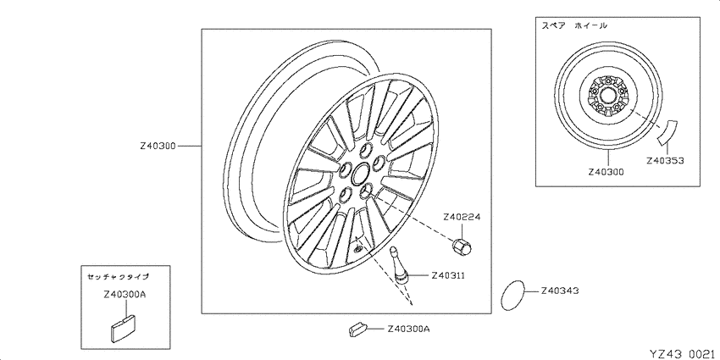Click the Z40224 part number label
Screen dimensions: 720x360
[462, 217]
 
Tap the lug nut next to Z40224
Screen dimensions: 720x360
[462, 246]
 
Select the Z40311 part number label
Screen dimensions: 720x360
[448, 275]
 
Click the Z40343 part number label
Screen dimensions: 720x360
[560, 291]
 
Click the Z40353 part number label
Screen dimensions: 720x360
[665, 161]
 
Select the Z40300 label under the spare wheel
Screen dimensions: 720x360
[607, 172]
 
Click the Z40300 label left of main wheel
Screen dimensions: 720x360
[158, 146]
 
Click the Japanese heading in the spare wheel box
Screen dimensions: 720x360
[574, 25]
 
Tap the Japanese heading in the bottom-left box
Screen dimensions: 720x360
[118, 276]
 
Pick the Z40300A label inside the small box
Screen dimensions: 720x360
[125, 295]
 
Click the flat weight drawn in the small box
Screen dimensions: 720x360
[124, 328]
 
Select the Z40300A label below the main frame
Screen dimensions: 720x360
[408, 329]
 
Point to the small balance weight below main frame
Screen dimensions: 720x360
[357, 328]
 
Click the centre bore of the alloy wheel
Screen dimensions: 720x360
[360, 174]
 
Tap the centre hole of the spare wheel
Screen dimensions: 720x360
[606, 97]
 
